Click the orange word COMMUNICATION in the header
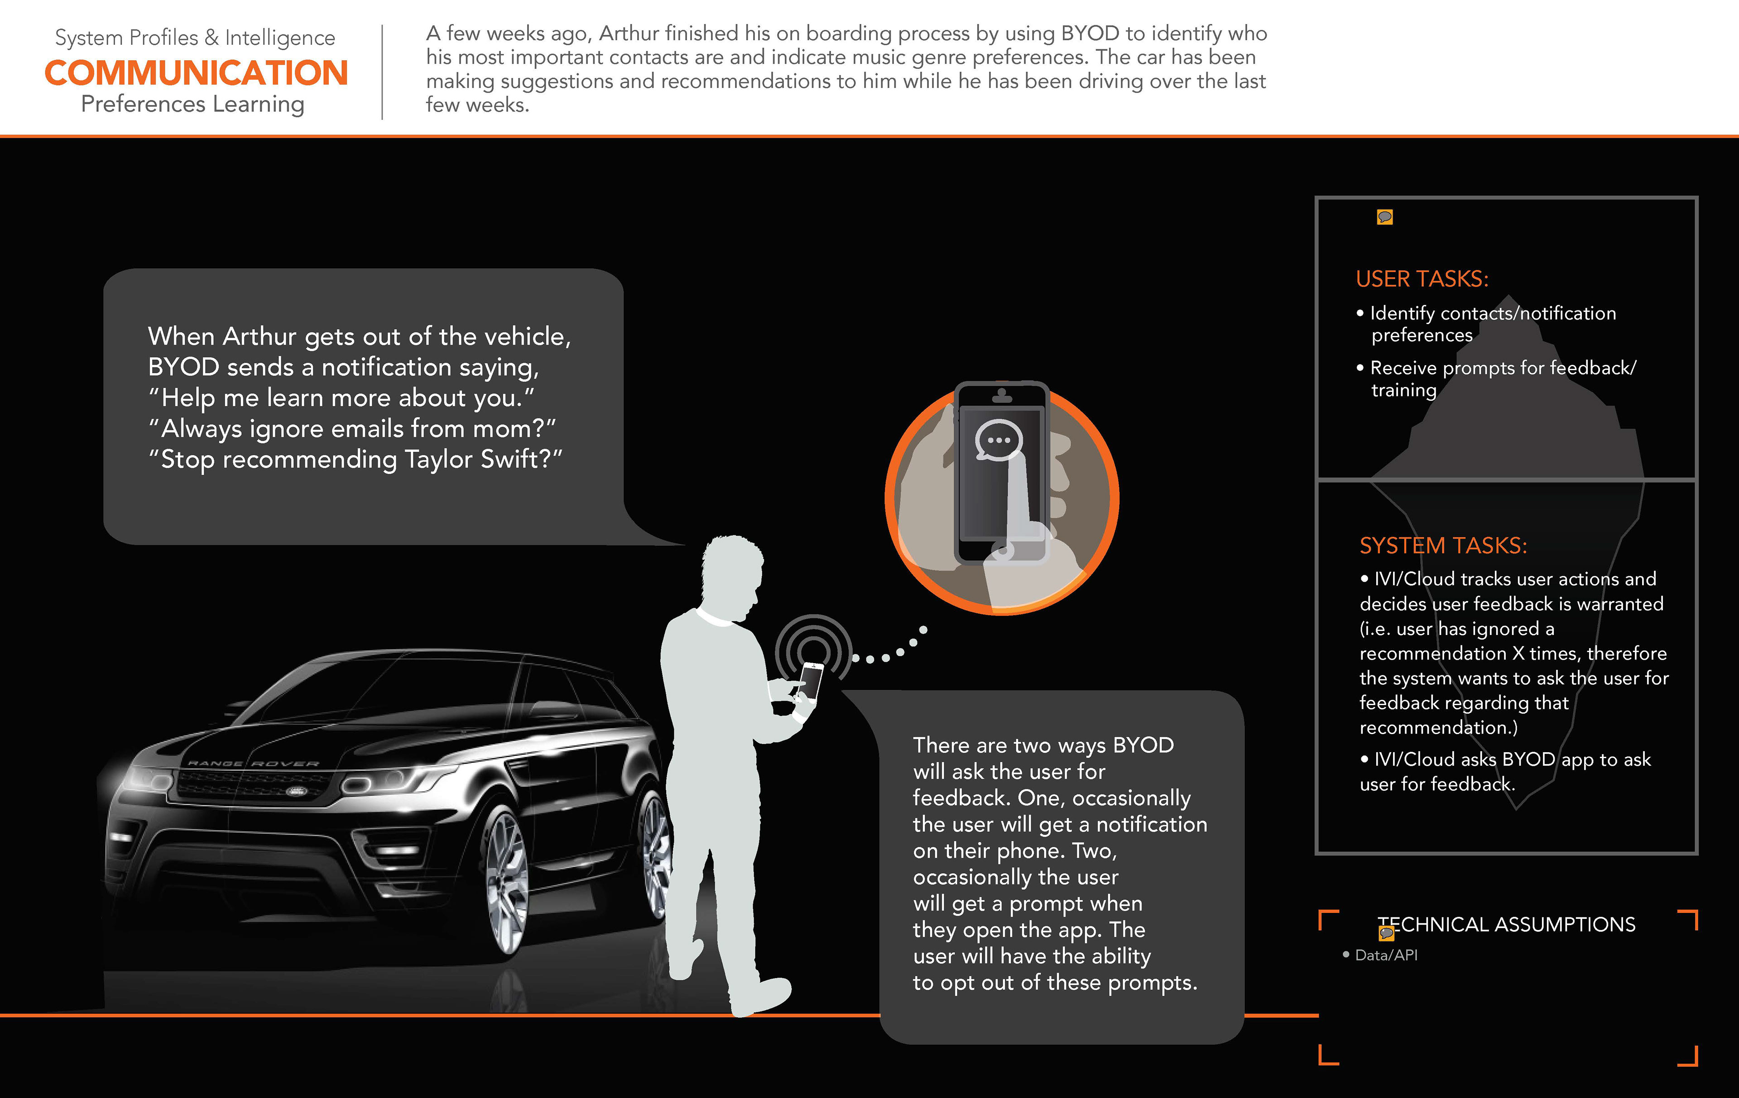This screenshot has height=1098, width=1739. point(197,73)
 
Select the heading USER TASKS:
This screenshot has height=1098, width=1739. point(1421,279)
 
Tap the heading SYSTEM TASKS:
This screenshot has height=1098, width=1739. point(1443,545)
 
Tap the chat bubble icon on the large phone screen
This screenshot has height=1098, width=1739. point(999,439)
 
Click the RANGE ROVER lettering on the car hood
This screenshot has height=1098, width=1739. point(253,763)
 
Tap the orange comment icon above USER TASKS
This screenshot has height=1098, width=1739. point(1384,217)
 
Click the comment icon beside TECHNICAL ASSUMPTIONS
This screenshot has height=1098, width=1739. point(1386,933)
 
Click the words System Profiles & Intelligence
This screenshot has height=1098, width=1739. point(195,38)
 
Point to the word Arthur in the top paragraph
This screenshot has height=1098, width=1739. point(628,33)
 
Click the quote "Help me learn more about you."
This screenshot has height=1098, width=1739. point(341,398)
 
